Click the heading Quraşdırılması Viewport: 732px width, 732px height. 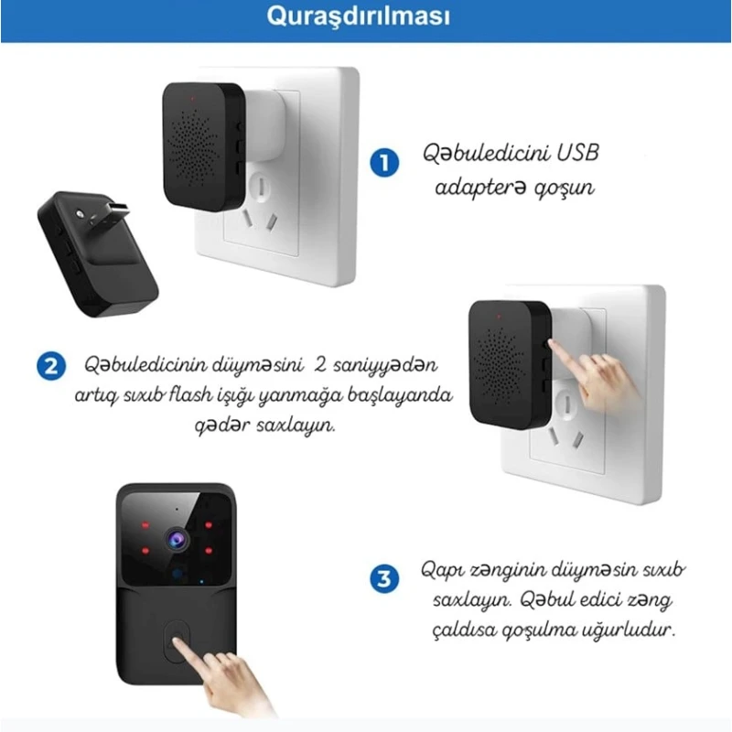(366, 18)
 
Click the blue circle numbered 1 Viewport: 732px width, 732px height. (384, 164)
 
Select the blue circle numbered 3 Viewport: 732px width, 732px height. (384, 579)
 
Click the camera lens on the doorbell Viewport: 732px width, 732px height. (174, 539)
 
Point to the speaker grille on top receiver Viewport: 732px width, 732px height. (202, 146)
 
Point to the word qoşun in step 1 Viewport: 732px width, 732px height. (566, 188)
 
